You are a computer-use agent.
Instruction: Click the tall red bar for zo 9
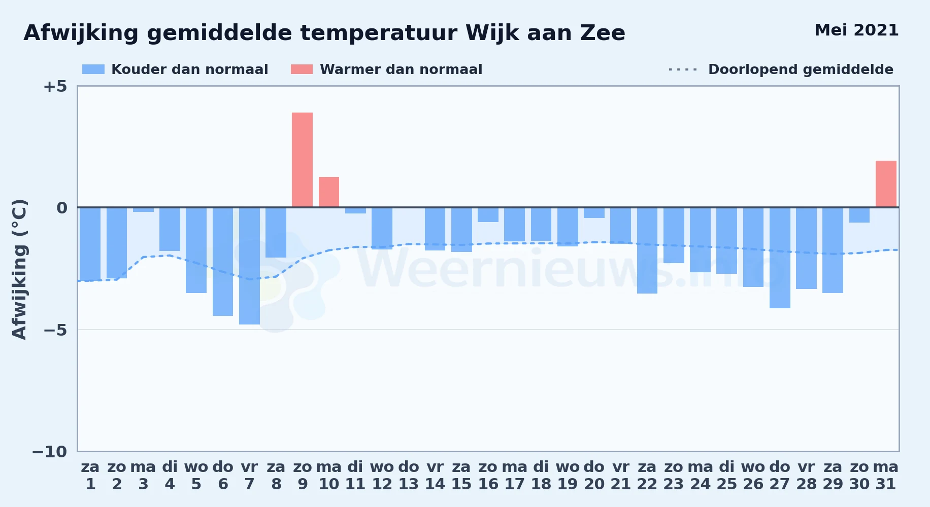click(x=302, y=160)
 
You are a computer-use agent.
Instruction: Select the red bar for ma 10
click(x=329, y=192)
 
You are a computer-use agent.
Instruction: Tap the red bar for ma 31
click(x=886, y=184)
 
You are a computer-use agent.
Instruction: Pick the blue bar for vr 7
click(x=249, y=266)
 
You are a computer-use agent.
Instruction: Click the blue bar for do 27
click(x=780, y=258)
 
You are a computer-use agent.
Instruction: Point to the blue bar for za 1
click(x=90, y=244)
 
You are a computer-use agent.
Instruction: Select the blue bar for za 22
click(x=647, y=250)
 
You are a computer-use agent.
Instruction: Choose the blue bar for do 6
click(x=223, y=262)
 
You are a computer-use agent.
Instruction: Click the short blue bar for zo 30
click(x=859, y=215)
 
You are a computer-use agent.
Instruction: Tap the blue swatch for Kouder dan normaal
click(x=93, y=69)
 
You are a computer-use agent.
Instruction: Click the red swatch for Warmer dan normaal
click(x=302, y=69)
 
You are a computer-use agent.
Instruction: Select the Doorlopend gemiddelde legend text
click(x=801, y=69)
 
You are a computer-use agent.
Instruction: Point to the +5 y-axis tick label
click(x=55, y=86)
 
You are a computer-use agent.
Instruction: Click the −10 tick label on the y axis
click(x=50, y=452)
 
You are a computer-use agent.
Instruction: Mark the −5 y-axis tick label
click(x=55, y=330)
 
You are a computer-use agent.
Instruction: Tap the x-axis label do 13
click(x=409, y=475)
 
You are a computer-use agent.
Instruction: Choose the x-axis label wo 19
click(x=568, y=475)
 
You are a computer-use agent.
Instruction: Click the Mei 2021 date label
click(x=856, y=30)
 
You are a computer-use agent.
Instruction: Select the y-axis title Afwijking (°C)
click(x=19, y=269)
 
